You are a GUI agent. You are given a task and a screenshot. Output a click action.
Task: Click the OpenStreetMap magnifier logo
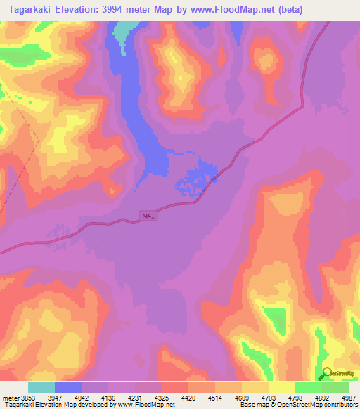click(325, 373)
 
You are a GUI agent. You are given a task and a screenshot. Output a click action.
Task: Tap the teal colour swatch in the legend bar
click(41, 387)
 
